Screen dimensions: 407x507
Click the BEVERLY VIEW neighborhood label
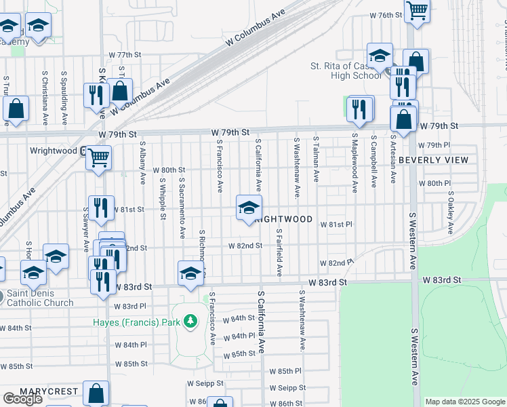[x=433, y=160]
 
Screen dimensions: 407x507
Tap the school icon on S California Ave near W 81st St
[x=249, y=206]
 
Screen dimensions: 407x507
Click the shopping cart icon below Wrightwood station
[x=99, y=158]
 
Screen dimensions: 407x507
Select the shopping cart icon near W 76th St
[x=417, y=10]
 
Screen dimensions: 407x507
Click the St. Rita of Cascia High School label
[x=346, y=71]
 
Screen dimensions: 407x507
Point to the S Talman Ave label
[x=316, y=159]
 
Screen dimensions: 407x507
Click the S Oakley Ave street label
[x=451, y=212]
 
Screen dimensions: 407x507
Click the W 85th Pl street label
[x=285, y=371]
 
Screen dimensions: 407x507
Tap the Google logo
[x=22, y=399]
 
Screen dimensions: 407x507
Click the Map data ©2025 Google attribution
[x=465, y=402]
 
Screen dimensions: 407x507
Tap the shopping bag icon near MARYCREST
[x=96, y=393]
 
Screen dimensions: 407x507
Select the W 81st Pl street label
[x=336, y=224]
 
